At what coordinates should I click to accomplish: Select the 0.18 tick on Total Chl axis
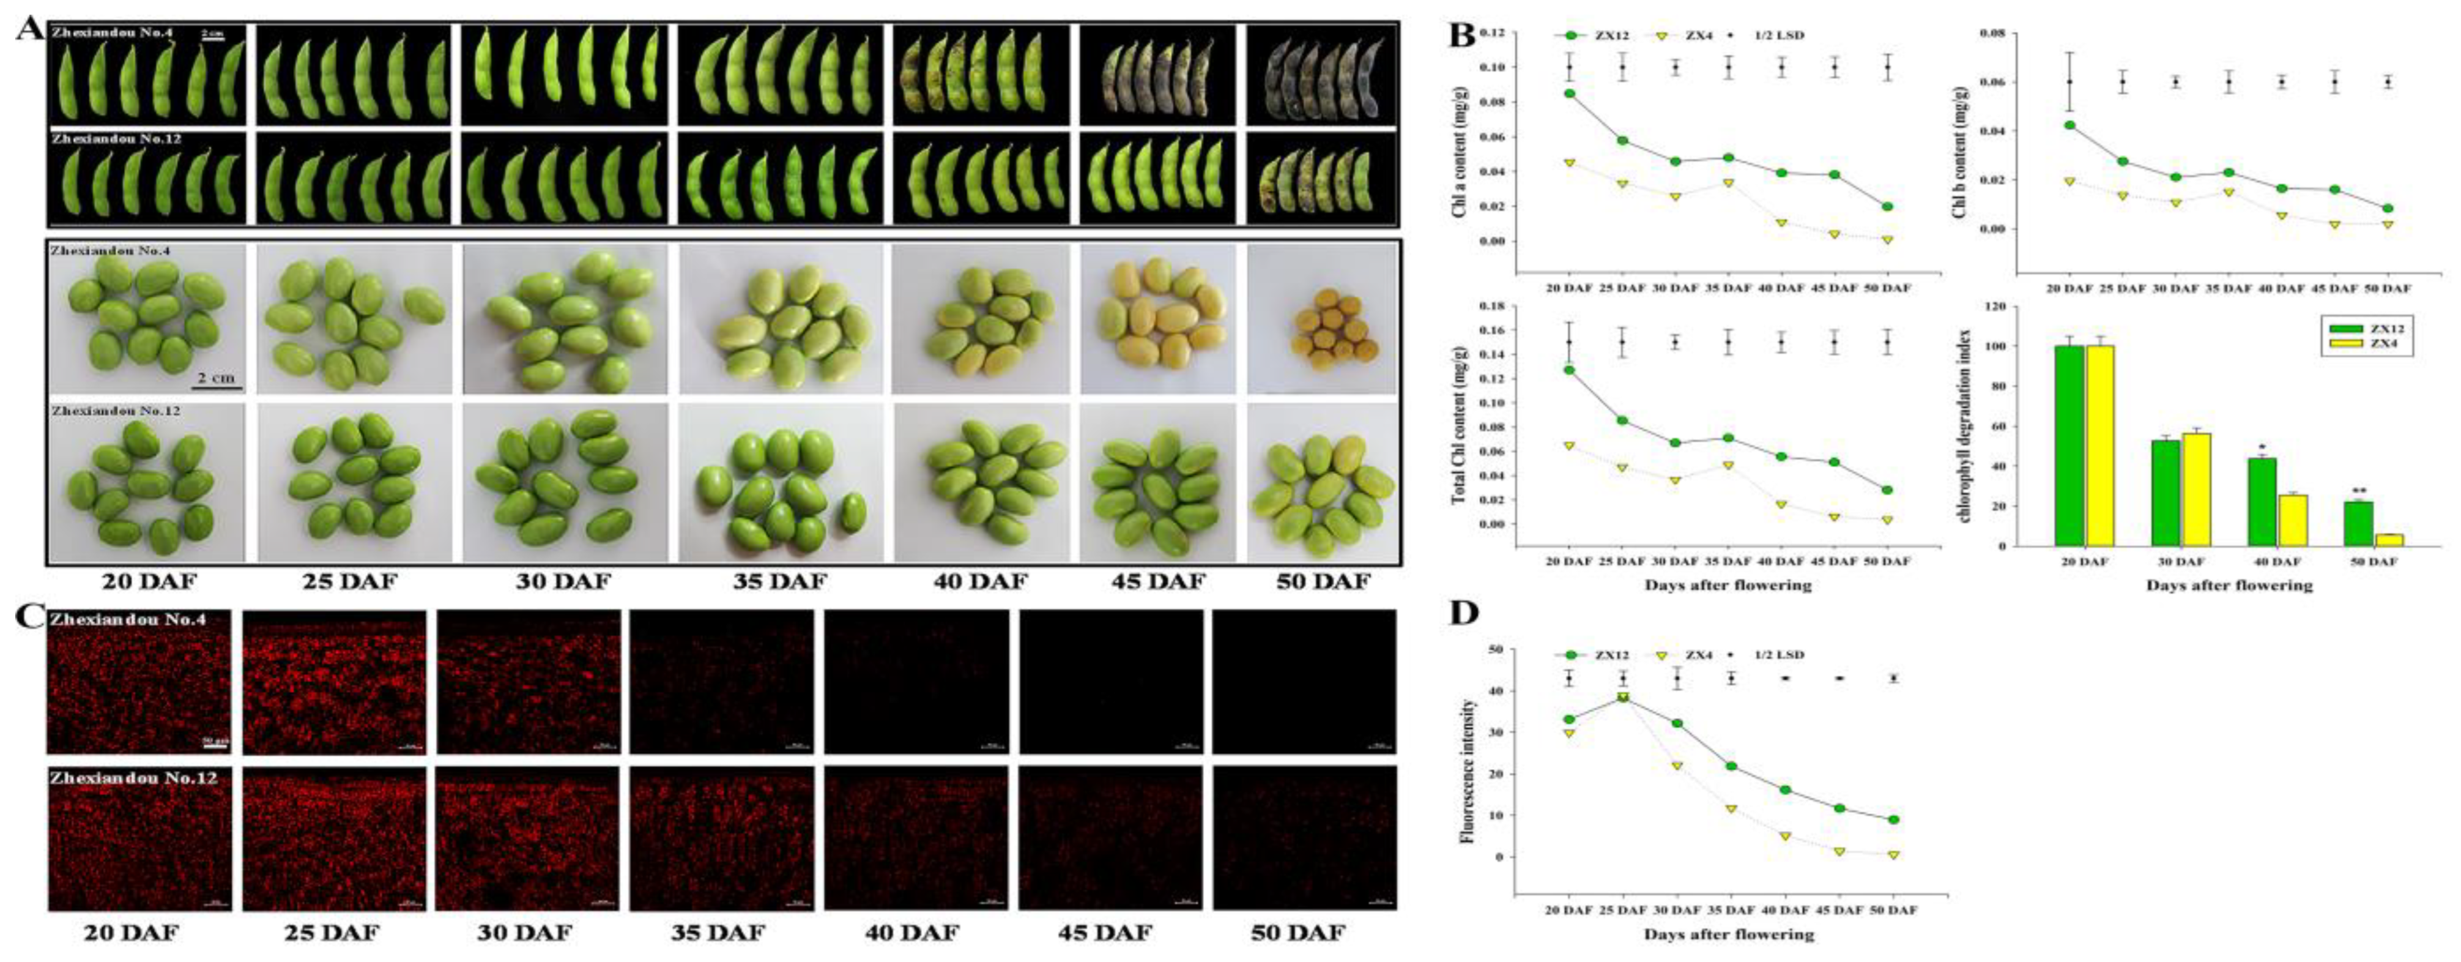(1493, 307)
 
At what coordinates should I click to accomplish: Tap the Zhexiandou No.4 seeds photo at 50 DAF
(1322, 318)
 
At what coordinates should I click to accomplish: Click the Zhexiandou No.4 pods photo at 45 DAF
(1157, 75)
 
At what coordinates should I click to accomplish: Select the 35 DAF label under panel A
(779, 581)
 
